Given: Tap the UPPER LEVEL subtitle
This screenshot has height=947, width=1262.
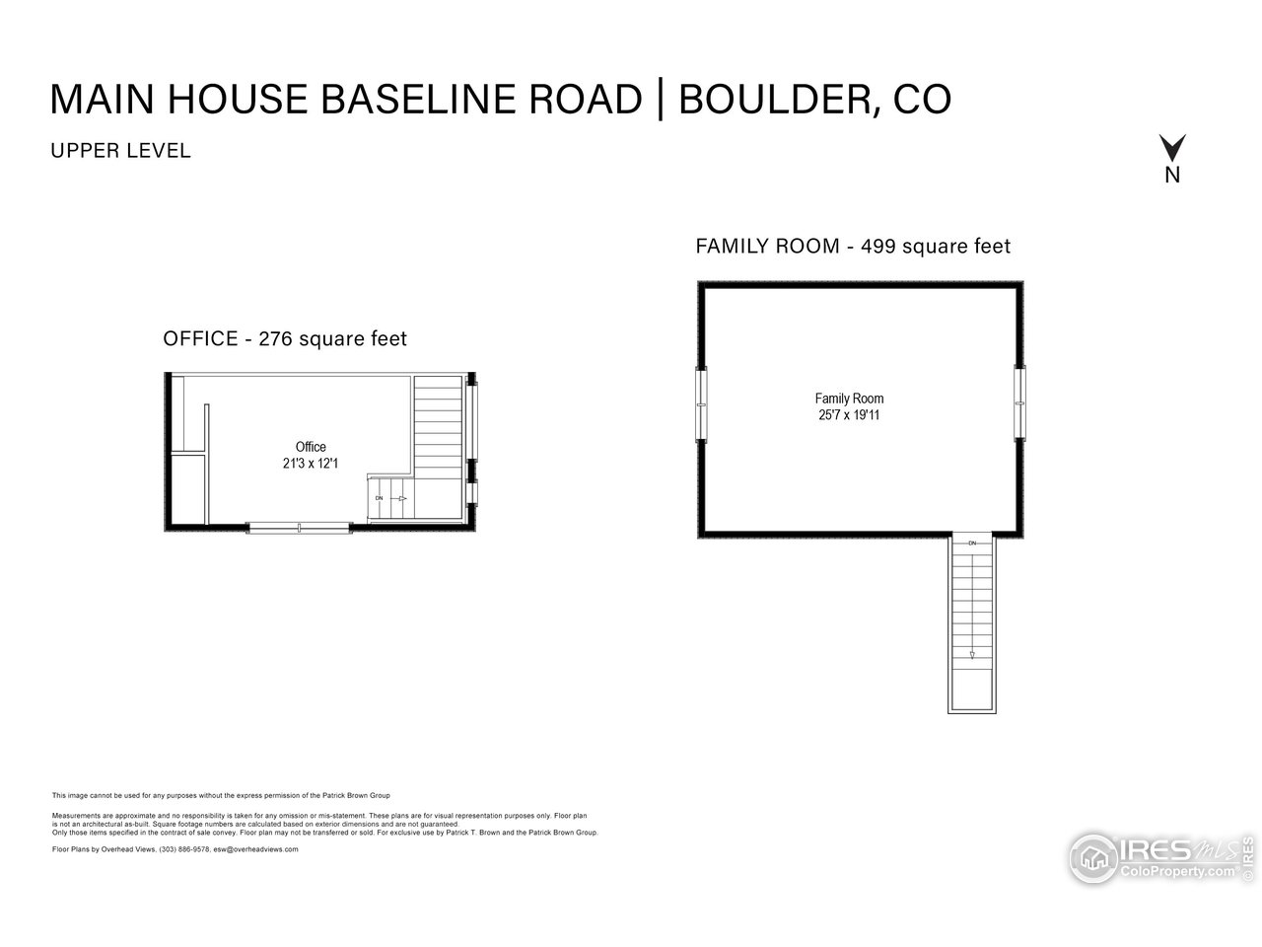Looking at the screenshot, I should pyautogui.click(x=119, y=152).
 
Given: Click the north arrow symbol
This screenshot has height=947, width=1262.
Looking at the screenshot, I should pyautogui.click(x=1172, y=149).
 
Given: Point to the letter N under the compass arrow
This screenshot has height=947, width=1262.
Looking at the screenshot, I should pyautogui.click(x=1172, y=177).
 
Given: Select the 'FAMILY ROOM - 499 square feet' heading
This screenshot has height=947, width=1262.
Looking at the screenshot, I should pyautogui.click(x=853, y=247).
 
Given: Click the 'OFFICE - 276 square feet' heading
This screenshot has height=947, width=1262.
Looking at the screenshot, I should pyautogui.click(x=285, y=339).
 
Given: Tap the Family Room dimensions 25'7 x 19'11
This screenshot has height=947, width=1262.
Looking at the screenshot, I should pyautogui.click(x=849, y=415).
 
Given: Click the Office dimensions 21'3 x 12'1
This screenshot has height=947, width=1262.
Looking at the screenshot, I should pyautogui.click(x=311, y=463).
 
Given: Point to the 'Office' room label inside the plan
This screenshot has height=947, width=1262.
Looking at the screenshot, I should pyautogui.click(x=311, y=447).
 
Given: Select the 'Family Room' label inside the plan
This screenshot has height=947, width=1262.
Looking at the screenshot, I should pyautogui.click(x=849, y=399).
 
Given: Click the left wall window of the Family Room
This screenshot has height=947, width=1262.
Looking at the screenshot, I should pyautogui.click(x=702, y=403).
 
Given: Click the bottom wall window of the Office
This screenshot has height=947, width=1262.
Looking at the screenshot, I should pyautogui.click(x=299, y=529).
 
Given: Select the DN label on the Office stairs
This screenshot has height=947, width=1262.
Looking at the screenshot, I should pyautogui.click(x=379, y=498).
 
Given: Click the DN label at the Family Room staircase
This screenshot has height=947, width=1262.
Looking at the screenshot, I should pyautogui.click(x=972, y=544).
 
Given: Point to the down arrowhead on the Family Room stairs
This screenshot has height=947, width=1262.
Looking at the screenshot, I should pyautogui.click(x=972, y=654).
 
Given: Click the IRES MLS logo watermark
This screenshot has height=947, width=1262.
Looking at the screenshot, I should pyautogui.click(x=1154, y=856).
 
